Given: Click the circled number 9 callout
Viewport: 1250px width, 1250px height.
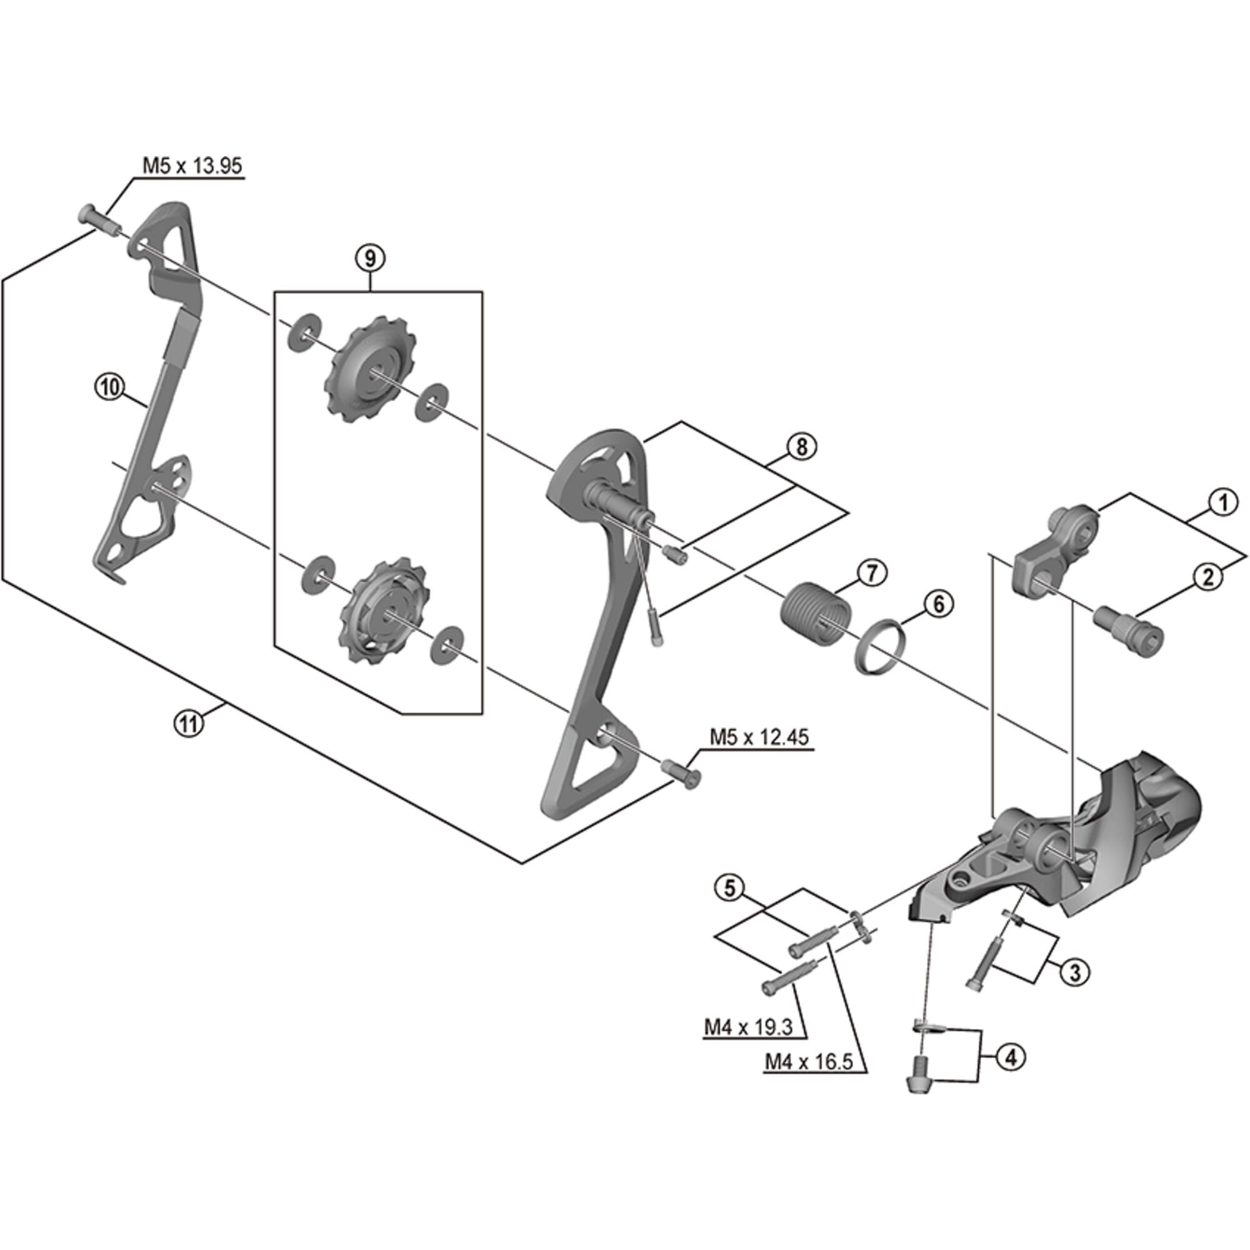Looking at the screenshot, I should click(369, 257).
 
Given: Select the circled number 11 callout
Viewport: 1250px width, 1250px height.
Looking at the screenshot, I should click(189, 722).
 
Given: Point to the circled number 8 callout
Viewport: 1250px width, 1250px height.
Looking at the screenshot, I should click(802, 446).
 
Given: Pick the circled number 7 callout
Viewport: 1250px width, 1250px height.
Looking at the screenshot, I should click(871, 573).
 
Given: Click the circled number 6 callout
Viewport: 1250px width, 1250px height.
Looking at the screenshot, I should click(938, 604).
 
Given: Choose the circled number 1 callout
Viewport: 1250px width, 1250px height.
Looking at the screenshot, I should click(1222, 502).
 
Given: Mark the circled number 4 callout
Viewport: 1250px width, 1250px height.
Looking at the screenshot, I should click(1011, 1057).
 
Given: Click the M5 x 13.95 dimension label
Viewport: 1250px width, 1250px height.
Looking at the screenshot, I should click(192, 166).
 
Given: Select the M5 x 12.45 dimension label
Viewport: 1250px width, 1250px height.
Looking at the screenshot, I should click(759, 737).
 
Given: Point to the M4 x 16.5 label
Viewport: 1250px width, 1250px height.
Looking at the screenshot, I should click(809, 1062).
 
